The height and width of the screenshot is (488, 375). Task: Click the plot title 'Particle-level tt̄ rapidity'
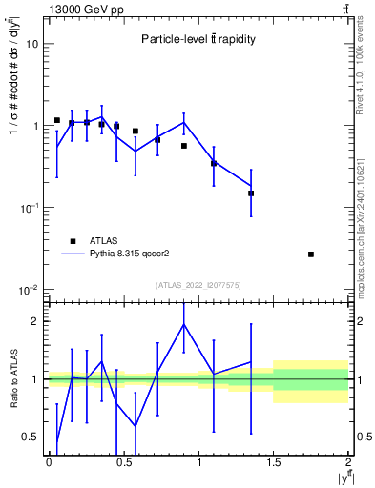(x=198, y=39)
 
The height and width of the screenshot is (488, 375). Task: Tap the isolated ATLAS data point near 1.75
(x=311, y=254)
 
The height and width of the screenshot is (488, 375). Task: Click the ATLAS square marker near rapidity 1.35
(x=251, y=193)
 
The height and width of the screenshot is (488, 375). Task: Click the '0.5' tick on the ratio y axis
(x=31, y=437)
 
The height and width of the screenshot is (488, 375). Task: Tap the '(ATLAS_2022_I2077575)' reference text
(x=198, y=285)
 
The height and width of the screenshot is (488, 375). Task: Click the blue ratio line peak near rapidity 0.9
(x=184, y=324)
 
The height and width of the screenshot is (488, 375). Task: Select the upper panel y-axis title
(x=12, y=86)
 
